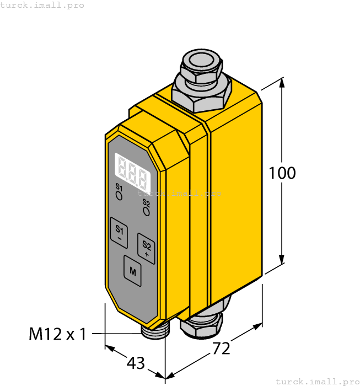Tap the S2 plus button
[x=146, y=247]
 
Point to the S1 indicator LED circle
[x=119, y=196]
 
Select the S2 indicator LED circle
[x=146, y=210]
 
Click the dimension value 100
[x=282, y=173]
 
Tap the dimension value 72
[x=221, y=349]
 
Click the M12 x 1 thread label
[x=57, y=334]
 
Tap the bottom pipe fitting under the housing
[x=203, y=323]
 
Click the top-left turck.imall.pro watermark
[x=42, y=5]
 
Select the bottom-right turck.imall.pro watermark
[x=316, y=381]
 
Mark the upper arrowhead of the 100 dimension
[x=282, y=83]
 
